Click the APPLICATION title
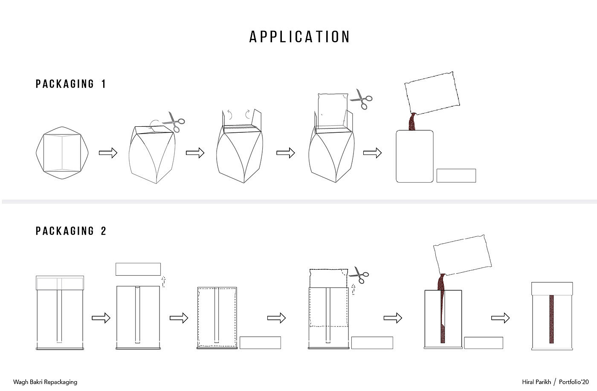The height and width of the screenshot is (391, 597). pos(299,37)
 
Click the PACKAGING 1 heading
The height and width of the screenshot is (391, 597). pos(71,84)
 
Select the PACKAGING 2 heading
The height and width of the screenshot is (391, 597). pos(71,231)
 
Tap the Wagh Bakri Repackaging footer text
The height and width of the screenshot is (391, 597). pos(45,382)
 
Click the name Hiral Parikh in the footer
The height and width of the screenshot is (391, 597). pos(536,382)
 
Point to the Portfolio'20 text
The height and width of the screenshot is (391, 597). pos(574,382)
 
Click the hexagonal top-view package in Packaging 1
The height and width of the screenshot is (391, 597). pos(62,153)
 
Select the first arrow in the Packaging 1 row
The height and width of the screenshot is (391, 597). pos(108,153)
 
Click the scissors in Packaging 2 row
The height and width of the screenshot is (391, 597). pos(359,274)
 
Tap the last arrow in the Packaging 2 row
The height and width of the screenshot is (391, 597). pos(500,318)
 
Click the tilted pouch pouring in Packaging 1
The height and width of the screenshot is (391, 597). pos(432,93)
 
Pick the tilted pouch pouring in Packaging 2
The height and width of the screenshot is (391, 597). pos(462,255)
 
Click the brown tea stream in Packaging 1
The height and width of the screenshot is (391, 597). pos(413,122)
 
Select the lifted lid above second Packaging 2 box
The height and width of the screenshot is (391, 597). pos(138,269)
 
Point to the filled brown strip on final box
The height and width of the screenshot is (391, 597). pos(551,319)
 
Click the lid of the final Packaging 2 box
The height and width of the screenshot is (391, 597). pos(552,289)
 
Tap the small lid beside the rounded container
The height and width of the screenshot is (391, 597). pos(456,175)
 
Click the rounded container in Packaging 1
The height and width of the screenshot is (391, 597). pos(414,156)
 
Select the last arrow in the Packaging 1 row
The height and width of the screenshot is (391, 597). pos(372,153)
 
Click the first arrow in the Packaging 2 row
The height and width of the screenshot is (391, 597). pos(101,318)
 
